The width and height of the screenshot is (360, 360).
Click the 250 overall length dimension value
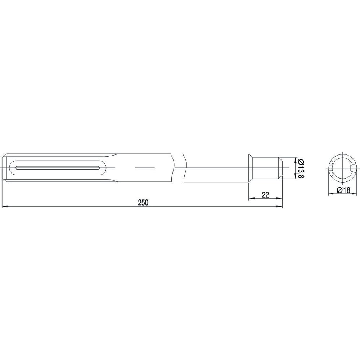click(143, 202)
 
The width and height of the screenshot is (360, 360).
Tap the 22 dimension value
click(265, 195)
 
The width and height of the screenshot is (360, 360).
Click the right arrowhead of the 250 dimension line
click(279, 207)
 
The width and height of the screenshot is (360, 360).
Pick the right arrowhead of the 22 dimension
click(279, 198)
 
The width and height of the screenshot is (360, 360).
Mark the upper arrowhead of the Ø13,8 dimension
click(295, 161)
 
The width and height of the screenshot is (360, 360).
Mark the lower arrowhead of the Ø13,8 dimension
click(295, 176)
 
